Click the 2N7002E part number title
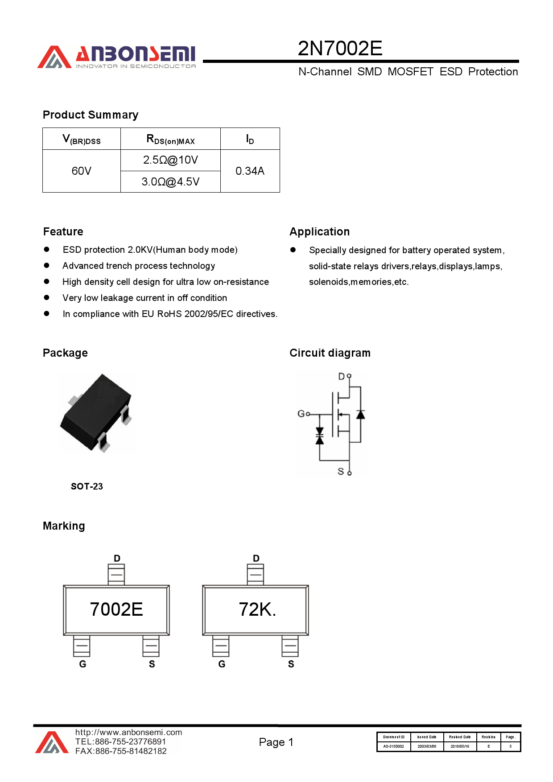340,48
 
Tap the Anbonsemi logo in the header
116,57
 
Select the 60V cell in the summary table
81,171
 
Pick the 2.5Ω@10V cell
170,160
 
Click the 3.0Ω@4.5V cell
170,182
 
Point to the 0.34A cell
250,171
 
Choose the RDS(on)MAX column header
170,139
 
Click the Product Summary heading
91,115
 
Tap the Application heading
319,232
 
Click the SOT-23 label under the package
87,486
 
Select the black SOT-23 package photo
97,413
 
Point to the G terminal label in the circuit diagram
301,414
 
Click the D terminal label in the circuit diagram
341,377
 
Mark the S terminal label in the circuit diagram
341,471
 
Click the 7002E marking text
116,609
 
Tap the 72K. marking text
257,609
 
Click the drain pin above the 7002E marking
116,574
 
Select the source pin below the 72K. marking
290,646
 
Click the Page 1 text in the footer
276,742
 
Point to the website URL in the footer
129,733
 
